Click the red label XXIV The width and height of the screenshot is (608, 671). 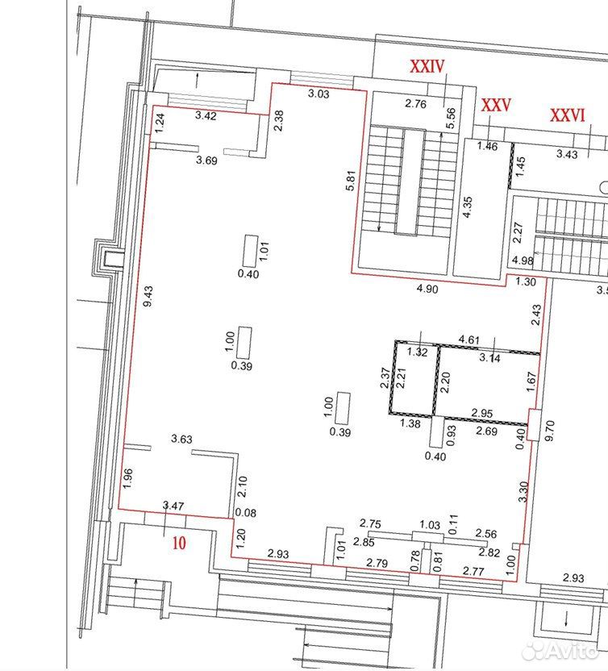(427, 66)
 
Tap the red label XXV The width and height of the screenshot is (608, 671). (496, 105)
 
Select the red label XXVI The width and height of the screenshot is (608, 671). (567, 115)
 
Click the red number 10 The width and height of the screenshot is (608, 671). (179, 543)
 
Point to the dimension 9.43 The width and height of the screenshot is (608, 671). (148, 297)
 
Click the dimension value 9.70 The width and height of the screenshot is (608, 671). (550, 431)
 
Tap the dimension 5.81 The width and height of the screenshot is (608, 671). (351, 181)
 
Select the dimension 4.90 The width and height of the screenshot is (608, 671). (427, 290)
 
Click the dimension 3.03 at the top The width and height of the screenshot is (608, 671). (319, 94)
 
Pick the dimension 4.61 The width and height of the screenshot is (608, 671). (469, 340)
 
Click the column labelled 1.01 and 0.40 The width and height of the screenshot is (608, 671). (249, 251)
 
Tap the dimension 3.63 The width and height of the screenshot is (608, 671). (182, 439)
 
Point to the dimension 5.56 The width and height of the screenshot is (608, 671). (451, 118)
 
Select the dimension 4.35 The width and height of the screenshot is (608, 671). (468, 207)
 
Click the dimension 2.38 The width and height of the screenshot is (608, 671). (278, 121)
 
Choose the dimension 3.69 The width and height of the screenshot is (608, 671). (206, 160)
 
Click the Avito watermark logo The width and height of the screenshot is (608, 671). (560, 652)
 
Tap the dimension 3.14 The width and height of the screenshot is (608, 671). (490, 358)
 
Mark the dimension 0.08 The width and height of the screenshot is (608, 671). (246, 513)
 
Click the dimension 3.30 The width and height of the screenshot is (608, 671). (523, 492)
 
